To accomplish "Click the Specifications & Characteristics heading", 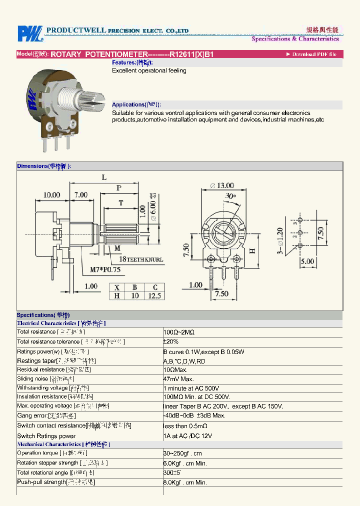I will click(x=295, y=39).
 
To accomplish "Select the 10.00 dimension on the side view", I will click(x=51, y=195).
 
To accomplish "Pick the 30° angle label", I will click(x=230, y=196).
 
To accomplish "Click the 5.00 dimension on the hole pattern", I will click(x=307, y=261).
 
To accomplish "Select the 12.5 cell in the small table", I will click(x=155, y=295).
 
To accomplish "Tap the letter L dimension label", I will click(x=104, y=177).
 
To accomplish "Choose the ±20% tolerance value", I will click(x=171, y=341).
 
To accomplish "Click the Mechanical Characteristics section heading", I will click(x=63, y=444).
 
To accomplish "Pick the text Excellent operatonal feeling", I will click(x=149, y=71).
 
